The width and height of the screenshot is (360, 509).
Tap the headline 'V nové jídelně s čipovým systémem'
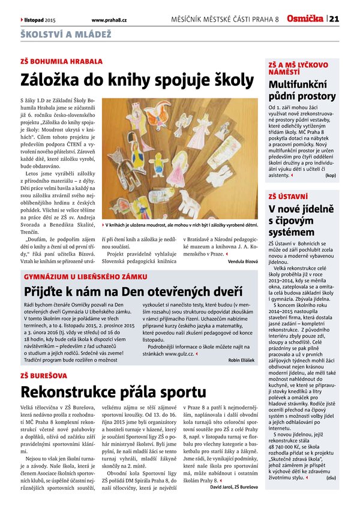click(300, 219)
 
